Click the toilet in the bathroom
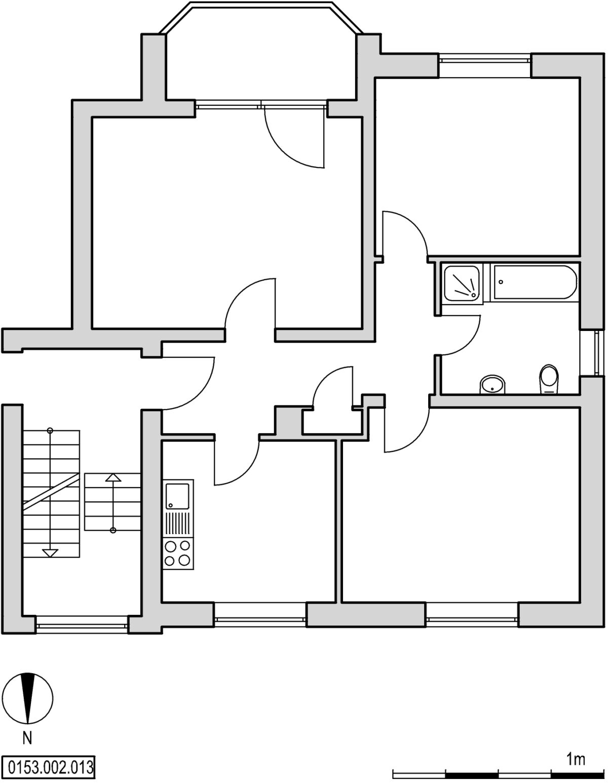(x=549, y=380)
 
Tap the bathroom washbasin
(x=492, y=385)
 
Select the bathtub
(x=535, y=282)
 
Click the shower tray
(x=463, y=282)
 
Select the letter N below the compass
(x=27, y=738)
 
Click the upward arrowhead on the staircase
(x=113, y=478)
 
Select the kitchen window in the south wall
(x=260, y=619)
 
